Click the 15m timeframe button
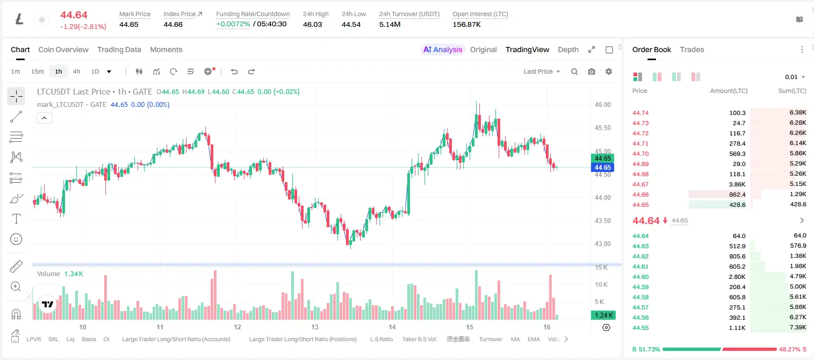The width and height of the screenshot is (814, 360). (x=38, y=71)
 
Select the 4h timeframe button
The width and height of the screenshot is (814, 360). (x=76, y=71)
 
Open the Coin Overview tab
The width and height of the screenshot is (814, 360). (x=63, y=49)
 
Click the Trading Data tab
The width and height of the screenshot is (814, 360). (x=119, y=49)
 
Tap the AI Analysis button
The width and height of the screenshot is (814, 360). (x=443, y=49)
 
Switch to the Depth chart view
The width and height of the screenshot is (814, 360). (x=568, y=49)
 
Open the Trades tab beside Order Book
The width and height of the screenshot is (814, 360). (x=692, y=49)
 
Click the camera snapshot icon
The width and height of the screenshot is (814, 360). (x=592, y=71)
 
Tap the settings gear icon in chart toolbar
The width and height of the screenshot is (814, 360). (x=609, y=71)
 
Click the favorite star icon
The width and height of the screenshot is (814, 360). (x=42, y=20)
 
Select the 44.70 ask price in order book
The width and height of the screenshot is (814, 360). (x=640, y=154)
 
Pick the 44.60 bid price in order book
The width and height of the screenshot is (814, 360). (x=640, y=277)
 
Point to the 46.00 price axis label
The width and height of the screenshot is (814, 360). (x=602, y=105)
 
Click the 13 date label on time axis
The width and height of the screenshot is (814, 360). (x=315, y=327)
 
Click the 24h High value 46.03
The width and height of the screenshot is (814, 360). (x=312, y=24)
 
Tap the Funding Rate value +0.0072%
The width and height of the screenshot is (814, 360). (x=233, y=24)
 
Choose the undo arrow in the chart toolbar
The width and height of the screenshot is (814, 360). (x=234, y=71)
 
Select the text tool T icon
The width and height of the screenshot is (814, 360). (x=16, y=219)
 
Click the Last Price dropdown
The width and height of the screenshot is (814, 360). (x=542, y=71)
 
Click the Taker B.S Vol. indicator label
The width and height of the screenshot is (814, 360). (x=419, y=339)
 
